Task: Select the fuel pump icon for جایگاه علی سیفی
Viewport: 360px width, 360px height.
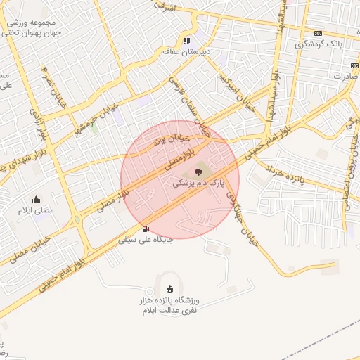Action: point(146,228)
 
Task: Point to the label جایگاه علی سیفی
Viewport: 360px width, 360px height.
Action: point(143,240)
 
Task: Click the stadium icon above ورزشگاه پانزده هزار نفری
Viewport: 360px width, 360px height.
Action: point(169,288)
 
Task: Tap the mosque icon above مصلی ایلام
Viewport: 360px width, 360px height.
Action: point(36,199)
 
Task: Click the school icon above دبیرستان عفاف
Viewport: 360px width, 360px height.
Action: point(186,40)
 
